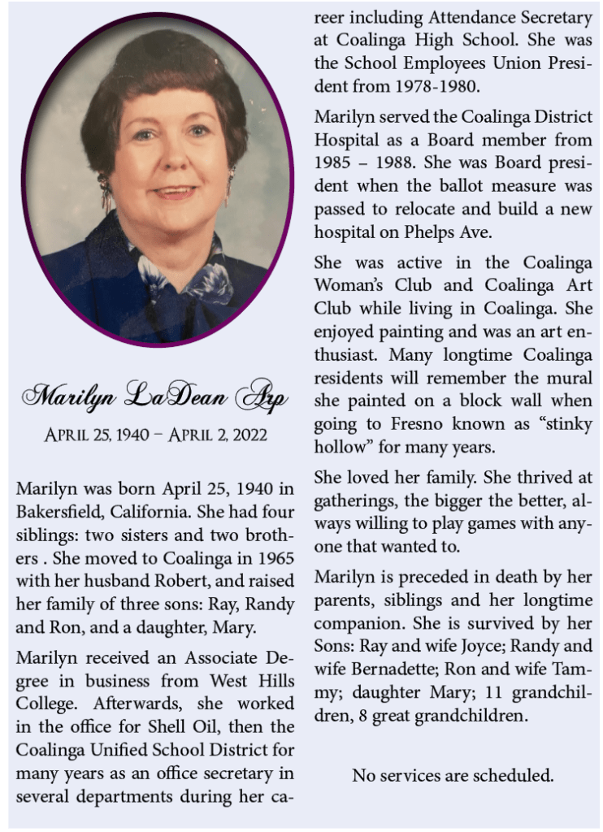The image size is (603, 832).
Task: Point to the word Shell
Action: tap(184, 726)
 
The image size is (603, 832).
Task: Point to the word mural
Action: tap(566, 378)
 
